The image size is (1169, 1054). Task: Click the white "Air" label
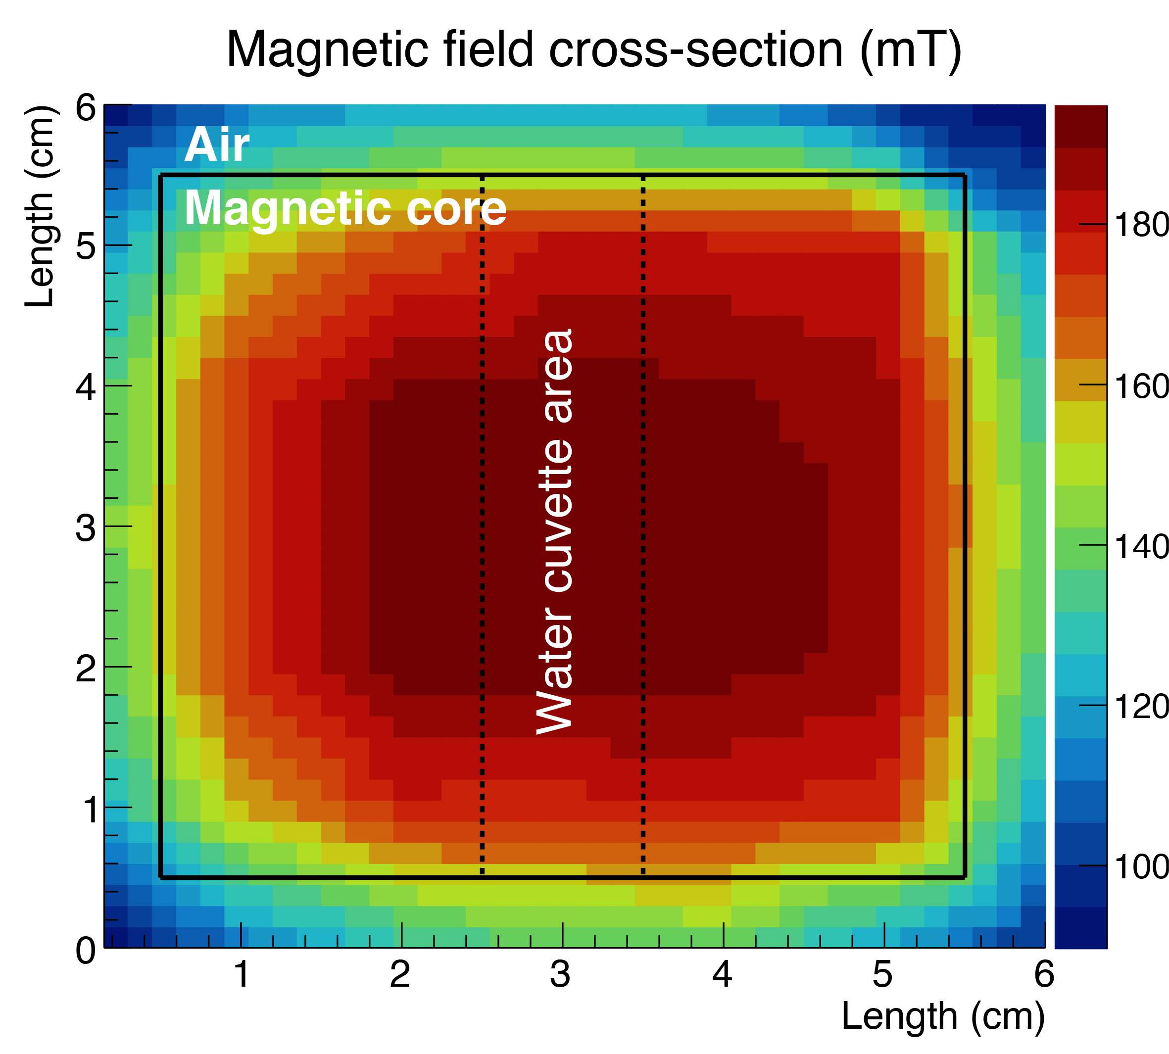pos(217,145)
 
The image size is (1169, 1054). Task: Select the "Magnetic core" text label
pos(345,208)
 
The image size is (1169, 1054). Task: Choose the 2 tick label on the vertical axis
pos(86,669)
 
